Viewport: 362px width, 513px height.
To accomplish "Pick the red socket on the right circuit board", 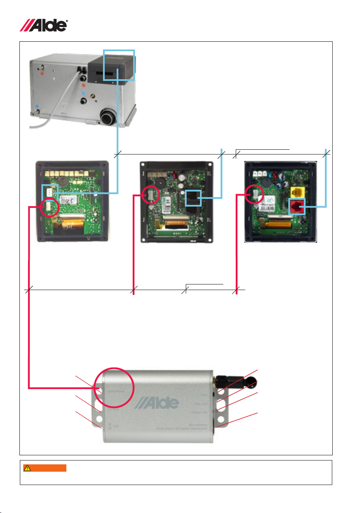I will (x=296, y=208).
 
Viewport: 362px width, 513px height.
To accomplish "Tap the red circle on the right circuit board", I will (x=255, y=196).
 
